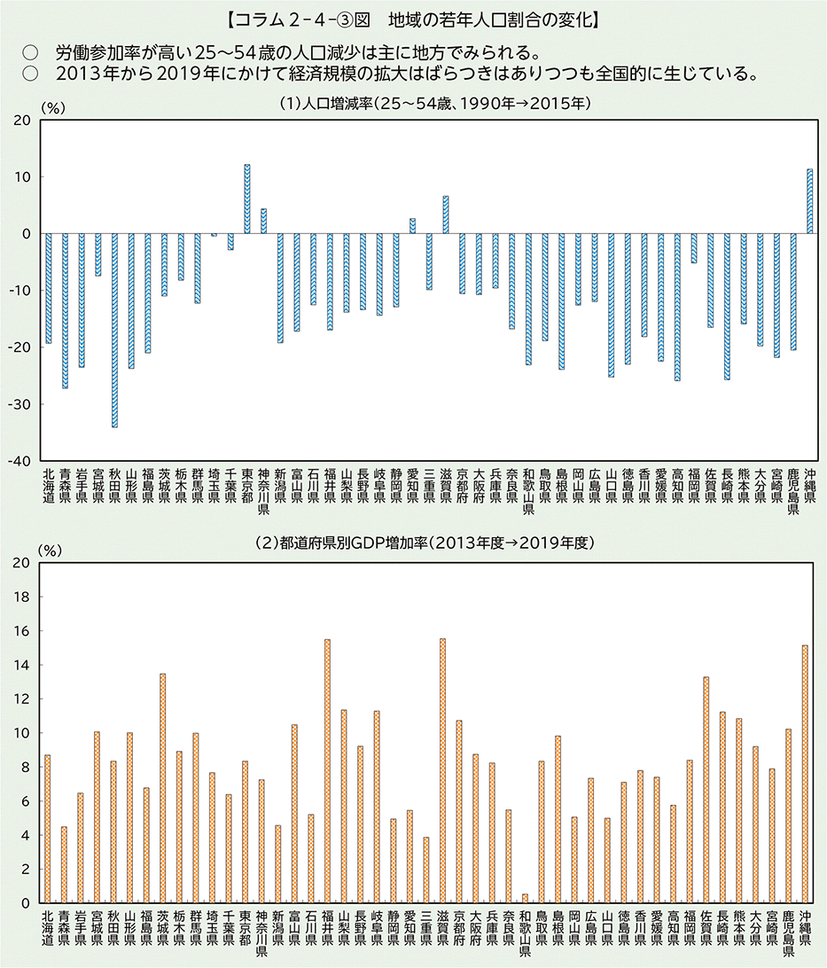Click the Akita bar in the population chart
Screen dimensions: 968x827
(114, 330)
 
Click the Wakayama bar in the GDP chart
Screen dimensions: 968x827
(525, 898)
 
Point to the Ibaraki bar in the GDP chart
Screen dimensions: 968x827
(162, 788)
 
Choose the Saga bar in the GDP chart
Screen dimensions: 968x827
(706, 790)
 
